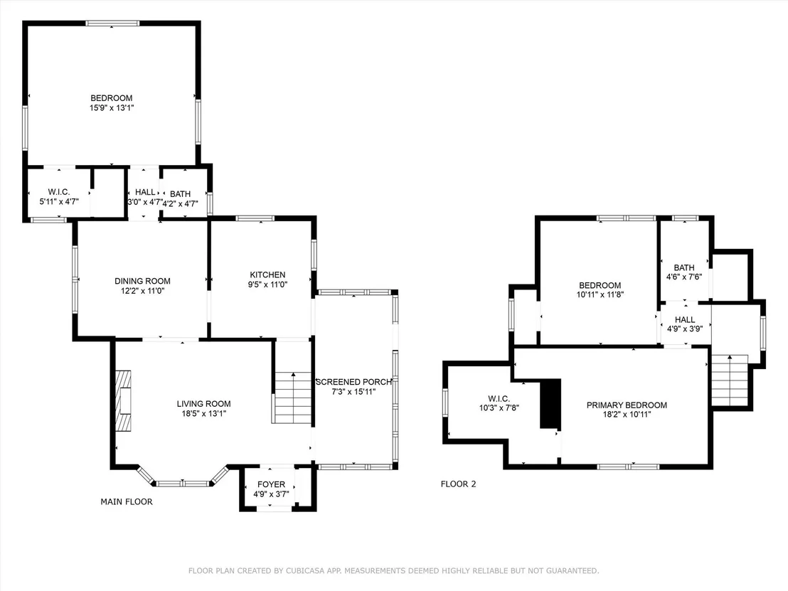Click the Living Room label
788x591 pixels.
(203, 403)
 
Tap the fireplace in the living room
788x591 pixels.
(124, 400)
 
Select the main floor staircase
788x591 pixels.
(293, 398)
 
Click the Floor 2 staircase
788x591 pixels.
(730, 380)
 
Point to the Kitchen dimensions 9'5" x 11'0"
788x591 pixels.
(267, 284)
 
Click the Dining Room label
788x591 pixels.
(142, 281)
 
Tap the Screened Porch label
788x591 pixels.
(353, 382)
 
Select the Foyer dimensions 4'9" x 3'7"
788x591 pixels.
(271, 494)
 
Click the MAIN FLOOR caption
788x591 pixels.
(127, 501)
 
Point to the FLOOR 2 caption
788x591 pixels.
(458, 484)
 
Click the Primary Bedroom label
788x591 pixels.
(627, 405)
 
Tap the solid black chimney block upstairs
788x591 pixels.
(550, 403)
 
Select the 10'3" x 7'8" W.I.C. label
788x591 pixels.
(499, 408)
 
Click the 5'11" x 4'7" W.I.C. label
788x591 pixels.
(59, 201)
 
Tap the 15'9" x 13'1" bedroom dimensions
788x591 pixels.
(112, 107)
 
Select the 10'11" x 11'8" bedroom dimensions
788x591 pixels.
(600, 294)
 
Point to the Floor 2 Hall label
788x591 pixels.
(685, 319)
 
